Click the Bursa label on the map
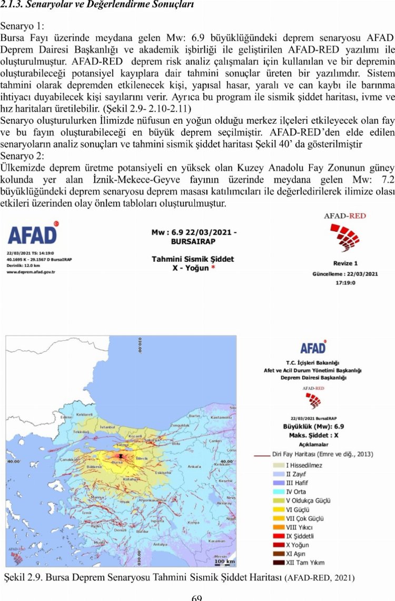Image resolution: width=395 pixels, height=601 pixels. click(x=117, y=462)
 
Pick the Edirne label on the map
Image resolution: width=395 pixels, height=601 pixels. click(x=66, y=417)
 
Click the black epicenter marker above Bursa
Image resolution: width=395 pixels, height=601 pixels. click(x=121, y=456)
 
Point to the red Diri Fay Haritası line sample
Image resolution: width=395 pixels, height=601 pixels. click(x=262, y=454)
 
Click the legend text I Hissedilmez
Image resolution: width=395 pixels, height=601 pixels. click(x=304, y=465)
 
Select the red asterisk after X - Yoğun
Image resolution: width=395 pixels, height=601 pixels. click(x=212, y=268)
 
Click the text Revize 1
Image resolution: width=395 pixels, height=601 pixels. click(x=345, y=263)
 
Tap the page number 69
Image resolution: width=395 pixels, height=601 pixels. click(x=197, y=597)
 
